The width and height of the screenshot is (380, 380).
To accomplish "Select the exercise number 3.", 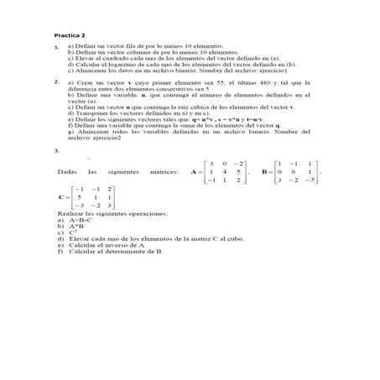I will coord(55,149).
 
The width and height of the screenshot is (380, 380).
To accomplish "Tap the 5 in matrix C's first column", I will coord(79,197).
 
